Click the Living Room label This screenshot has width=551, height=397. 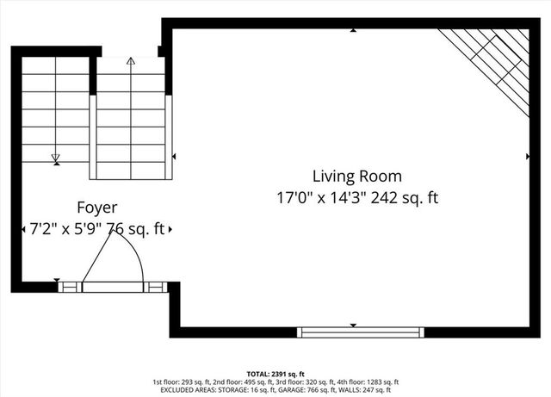(356, 177)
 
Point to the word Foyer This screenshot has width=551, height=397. (97, 208)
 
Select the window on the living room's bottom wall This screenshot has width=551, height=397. (360, 332)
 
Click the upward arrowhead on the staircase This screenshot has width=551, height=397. (131, 62)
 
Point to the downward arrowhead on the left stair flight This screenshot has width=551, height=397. (56, 158)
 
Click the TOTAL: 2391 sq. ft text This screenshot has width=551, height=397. (275, 375)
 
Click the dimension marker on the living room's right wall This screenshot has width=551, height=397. (527, 157)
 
